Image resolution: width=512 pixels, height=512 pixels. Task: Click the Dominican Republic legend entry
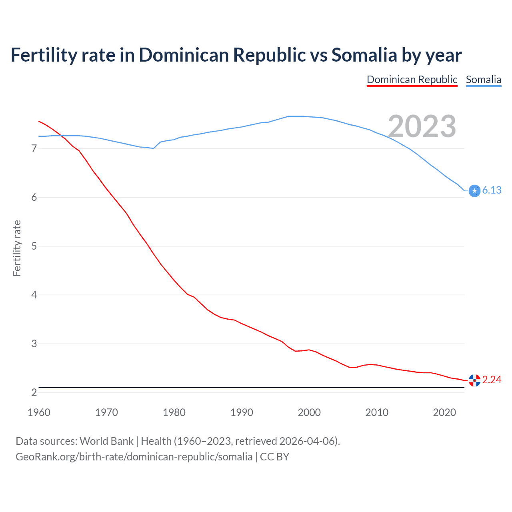point(412,80)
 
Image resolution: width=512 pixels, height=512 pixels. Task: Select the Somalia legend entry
point(483,80)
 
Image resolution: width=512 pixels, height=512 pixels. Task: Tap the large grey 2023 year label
point(422,126)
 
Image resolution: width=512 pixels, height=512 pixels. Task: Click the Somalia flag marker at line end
point(474,191)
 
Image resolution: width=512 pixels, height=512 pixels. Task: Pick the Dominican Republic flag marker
point(474,380)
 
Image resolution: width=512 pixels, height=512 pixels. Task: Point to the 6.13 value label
point(492,190)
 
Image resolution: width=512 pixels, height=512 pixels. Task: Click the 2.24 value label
point(492,380)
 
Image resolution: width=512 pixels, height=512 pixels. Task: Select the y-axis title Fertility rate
point(17,248)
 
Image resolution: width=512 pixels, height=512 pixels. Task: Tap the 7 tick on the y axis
point(34,149)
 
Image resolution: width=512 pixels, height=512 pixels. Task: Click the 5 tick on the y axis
point(34,246)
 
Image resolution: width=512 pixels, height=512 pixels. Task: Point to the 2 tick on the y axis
point(34,392)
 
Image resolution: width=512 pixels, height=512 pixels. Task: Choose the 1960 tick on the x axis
point(39,412)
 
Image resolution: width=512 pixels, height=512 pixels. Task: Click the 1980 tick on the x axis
point(174,412)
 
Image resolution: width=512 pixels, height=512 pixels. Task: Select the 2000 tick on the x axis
point(309,412)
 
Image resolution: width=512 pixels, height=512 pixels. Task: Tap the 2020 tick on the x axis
point(444,412)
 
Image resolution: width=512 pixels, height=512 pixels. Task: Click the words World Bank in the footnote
point(106,441)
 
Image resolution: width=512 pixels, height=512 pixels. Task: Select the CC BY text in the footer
point(274,457)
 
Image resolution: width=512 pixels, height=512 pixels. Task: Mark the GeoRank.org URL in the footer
point(134,457)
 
